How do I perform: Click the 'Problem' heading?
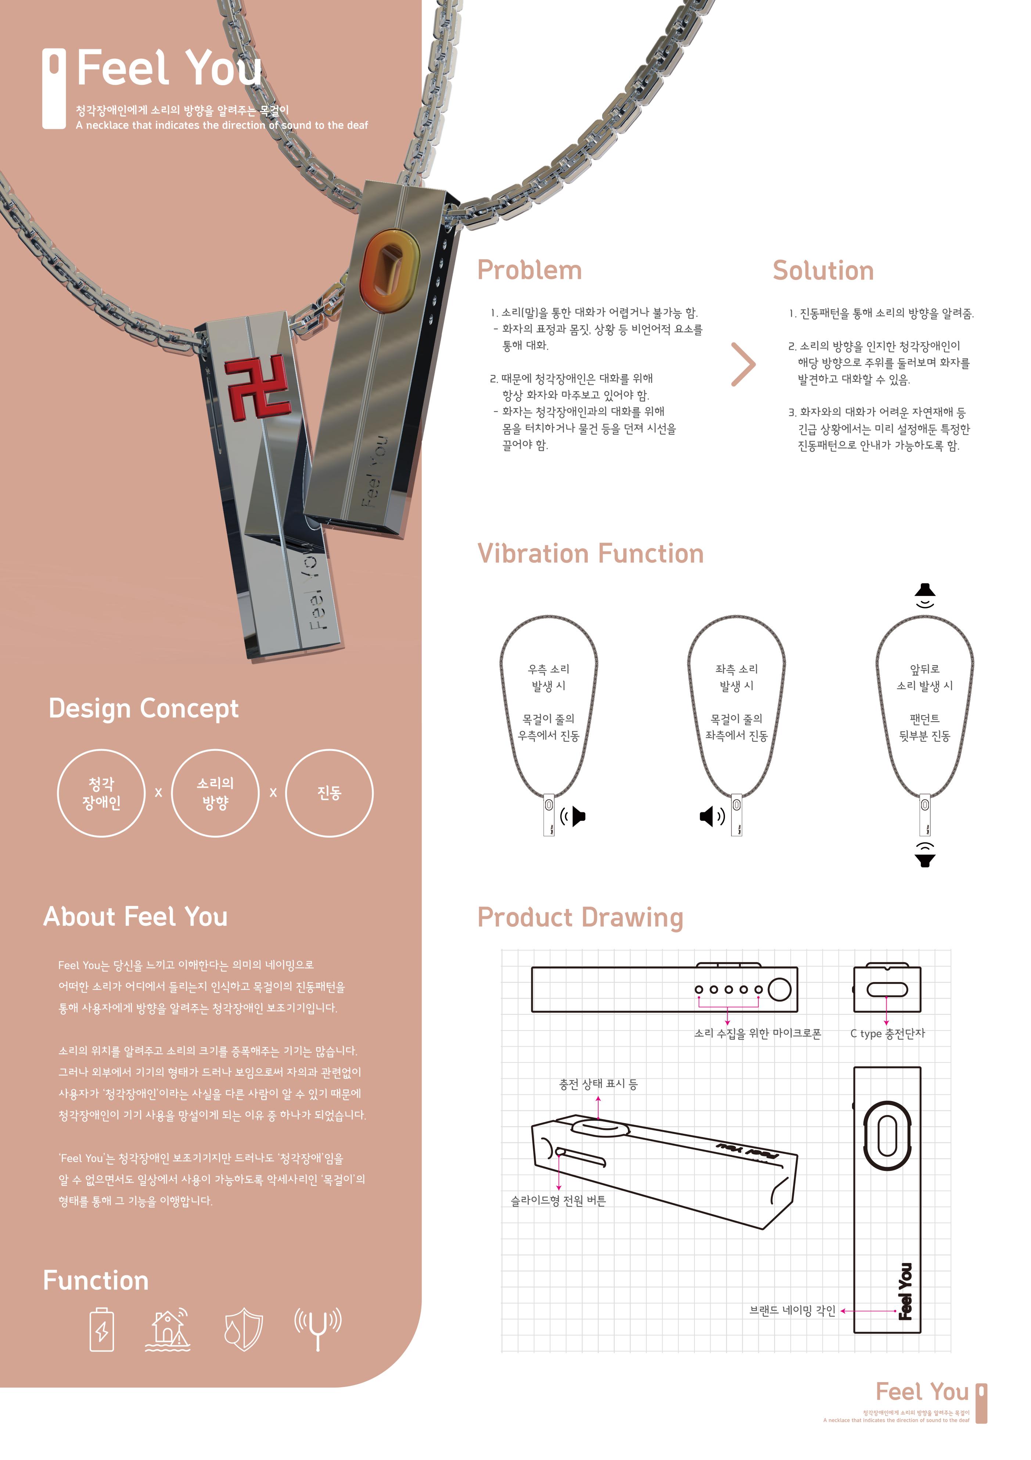pyautogui.click(x=529, y=270)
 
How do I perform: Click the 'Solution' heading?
pyautogui.click(x=823, y=271)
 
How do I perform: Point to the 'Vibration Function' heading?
pyautogui.click(x=590, y=554)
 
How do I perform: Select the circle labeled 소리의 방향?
pyautogui.click(x=216, y=793)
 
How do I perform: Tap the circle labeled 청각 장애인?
pyautogui.click(x=101, y=793)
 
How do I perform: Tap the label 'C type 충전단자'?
pyautogui.click(x=887, y=1034)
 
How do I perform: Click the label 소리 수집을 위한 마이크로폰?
pyautogui.click(x=758, y=1034)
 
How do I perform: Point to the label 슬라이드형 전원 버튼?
pyautogui.click(x=558, y=1201)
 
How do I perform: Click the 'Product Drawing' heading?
pyautogui.click(x=580, y=918)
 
